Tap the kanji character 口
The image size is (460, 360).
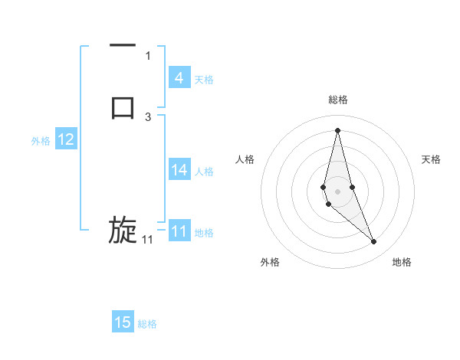pos(123,106)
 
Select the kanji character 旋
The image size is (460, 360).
pos(123,230)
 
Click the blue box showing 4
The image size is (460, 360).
pos(179,78)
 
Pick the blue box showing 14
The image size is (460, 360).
pos(179,171)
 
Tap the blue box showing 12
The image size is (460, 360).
pos(66,140)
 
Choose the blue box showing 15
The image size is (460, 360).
pos(123,322)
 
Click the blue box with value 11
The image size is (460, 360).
pos(179,232)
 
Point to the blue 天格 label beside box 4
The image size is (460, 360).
pos(204,79)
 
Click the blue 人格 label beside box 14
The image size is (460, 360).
pos(205,172)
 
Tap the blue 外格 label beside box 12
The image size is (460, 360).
pos(41,141)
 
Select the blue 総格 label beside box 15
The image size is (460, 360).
pos(147,324)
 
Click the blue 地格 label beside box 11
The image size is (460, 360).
pos(205,233)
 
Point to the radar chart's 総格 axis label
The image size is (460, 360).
pos(338,100)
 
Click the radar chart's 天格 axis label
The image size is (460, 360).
pos(431,159)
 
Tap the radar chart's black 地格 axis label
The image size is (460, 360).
pos(402,262)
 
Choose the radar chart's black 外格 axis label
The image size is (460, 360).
pos(270,262)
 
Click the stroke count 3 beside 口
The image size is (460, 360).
pos(148,116)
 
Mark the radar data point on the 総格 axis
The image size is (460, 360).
pos(338,130)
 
